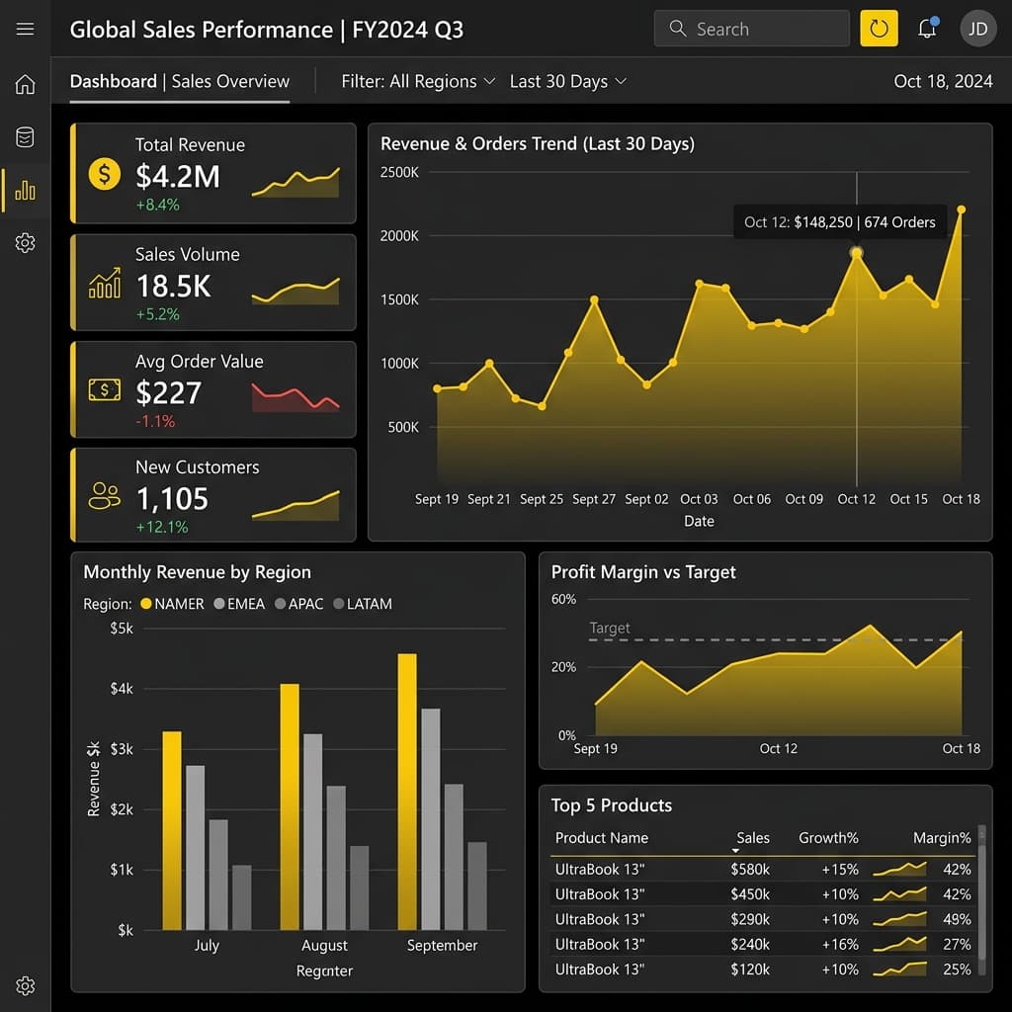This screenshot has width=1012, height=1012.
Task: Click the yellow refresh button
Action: pyautogui.click(x=879, y=29)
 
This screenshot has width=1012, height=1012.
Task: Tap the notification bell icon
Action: pyautogui.click(x=927, y=28)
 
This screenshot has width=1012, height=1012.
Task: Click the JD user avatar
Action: pyautogui.click(x=977, y=29)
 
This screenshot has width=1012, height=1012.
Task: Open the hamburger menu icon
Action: pyautogui.click(x=25, y=29)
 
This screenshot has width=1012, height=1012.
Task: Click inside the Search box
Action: pyautogui.click(x=751, y=29)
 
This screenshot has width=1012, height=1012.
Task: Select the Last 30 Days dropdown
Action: pyautogui.click(x=568, y=81)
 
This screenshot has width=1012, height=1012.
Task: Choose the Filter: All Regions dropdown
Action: pyautogui.click(x=418, y=81)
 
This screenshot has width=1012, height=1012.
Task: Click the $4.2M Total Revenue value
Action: pyautogui.click(x=178, y=176)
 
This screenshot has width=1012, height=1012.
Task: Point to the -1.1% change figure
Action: pyautogui.click(x=155, y=421)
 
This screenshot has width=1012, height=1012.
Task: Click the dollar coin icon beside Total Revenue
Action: pyautogui.click(x=105, y=174)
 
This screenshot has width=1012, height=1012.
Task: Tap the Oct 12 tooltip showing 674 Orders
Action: pyautogui.click(x=839, y=222)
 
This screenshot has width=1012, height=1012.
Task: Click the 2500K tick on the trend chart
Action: pyautogui.click(x=399, y=172)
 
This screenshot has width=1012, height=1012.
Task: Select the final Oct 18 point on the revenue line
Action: pyautogui.click(x=961, y=210)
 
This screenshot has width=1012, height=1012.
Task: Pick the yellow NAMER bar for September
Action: pyautogui.click(x=407, y=792)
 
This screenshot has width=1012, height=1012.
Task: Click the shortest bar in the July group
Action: pyautogui.click(x=242, y=897)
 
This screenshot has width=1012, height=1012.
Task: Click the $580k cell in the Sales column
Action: pyautogui.click(x=750, y=870)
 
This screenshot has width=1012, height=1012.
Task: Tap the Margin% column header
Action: pyautogui.click(x=942, y=838)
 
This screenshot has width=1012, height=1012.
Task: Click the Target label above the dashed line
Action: pyautogui.click(x=609, y=628)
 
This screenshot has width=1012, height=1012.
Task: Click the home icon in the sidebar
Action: pyautogui.click(x=25, y=84)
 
